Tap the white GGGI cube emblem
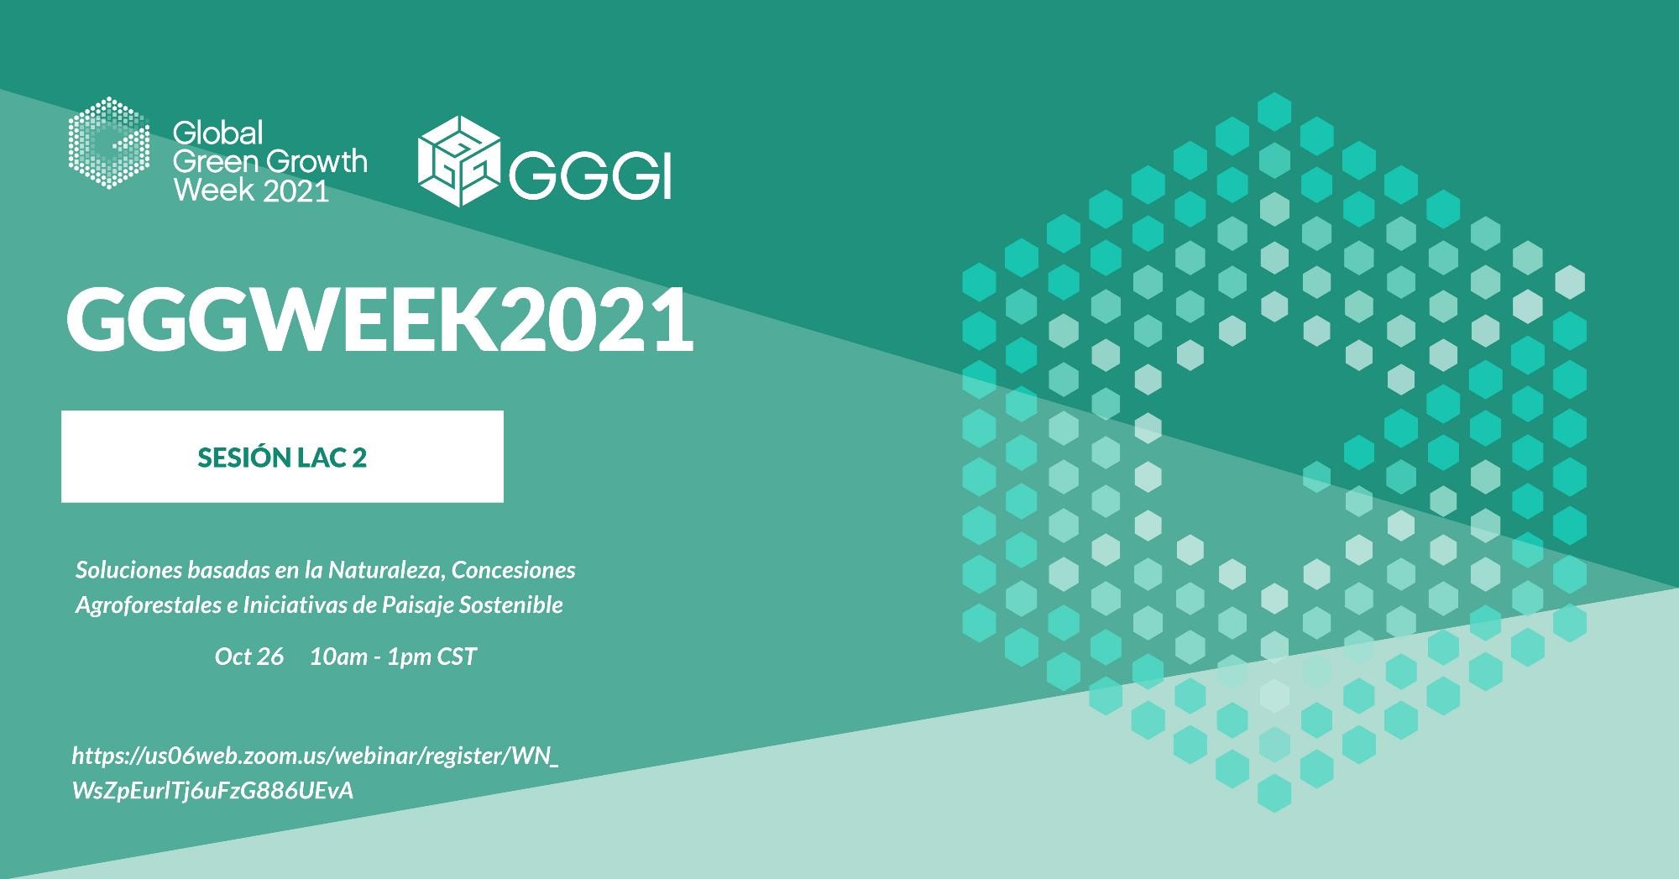click(459, 160)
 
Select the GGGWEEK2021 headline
click(380, 320)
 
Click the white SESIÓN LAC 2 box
click(282, 457)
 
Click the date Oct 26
click(248, 657)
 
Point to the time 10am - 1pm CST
click(393, 657)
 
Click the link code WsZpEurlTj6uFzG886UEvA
click(213, 792)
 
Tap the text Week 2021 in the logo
click(250, 191)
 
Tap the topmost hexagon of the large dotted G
click(1274, 112)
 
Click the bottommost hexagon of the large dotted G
click(1274, 793)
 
